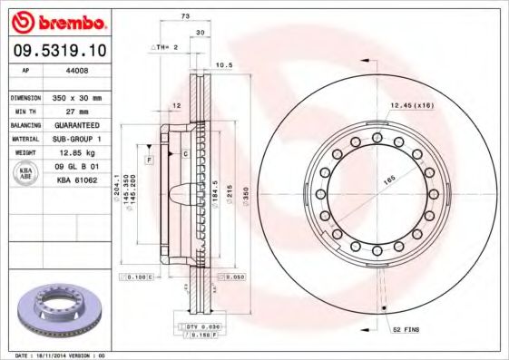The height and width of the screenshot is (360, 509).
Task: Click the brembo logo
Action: coord(57,20)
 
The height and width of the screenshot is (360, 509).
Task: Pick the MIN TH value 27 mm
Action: coord(77,111)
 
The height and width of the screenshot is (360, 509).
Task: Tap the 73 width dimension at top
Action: coord(186,17)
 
